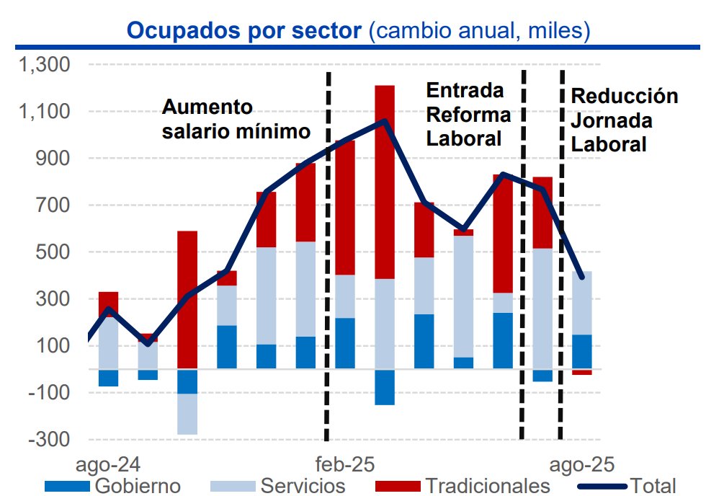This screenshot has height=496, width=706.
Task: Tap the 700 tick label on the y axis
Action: click(x=57, y=205)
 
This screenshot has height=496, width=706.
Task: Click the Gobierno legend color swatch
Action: click(x=66, y=486)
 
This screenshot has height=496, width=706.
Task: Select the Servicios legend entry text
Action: click(x=303, y=486)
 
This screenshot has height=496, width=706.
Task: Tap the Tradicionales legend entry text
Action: click(x=488, y=486)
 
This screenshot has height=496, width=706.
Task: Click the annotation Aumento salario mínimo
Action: click(x=236, y=120)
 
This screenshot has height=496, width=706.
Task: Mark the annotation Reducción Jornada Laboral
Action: click(x=624, y=120)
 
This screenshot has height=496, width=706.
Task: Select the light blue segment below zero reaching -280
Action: click(x=187, y=414)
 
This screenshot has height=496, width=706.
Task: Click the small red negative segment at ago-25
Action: click(x=582, y=372)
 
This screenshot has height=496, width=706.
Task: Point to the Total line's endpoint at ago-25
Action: click(x=582, y=277)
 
